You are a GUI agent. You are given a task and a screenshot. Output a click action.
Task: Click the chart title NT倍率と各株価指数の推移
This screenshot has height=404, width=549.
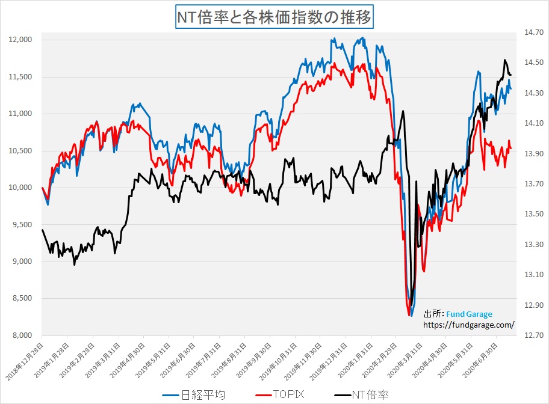click(274, 16)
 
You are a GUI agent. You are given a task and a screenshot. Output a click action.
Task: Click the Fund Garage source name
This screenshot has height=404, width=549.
click(469, 314)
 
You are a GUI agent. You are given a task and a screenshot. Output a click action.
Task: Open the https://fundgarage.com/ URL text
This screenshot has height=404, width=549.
click(470, 325)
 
